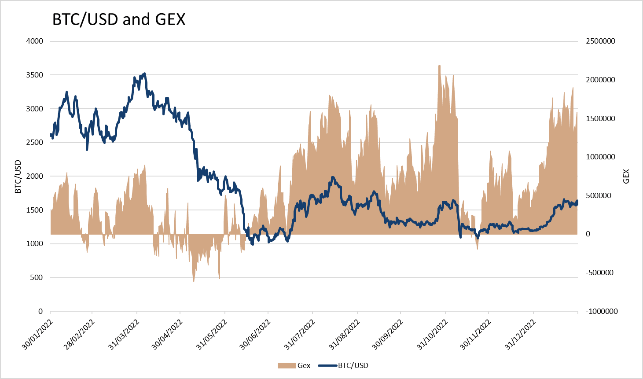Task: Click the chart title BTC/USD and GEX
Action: [119, 19]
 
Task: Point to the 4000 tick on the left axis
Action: [35, 41]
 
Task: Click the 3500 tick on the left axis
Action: [35, 75]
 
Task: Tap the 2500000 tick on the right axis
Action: [600, 41]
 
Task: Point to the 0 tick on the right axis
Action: [588, 234]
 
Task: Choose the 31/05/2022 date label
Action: [211, 335]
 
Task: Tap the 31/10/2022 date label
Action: [432, 335]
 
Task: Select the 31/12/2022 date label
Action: [520, 335]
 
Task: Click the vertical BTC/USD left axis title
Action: [18, 177]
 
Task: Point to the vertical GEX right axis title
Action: [626, 177]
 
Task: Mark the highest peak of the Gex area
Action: [439, 66]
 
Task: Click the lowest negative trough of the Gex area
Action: [194, 281]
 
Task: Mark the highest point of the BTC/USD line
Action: [145, 74]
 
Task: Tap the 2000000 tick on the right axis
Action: [600, 80]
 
